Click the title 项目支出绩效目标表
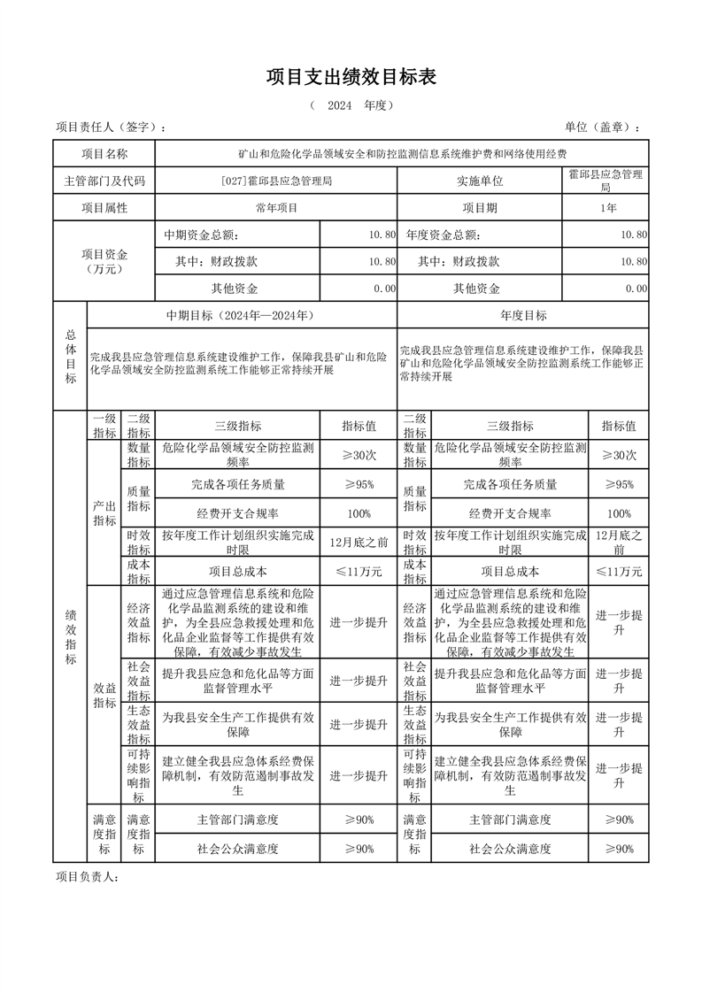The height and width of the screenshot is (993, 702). [x=351, y=78]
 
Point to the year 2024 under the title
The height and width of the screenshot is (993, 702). [x=339, y=106]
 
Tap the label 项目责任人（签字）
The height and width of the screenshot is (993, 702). [x=111, y=127]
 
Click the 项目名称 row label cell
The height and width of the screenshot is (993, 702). [x=104, y=154]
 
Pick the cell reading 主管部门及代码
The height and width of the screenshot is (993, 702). [x=104, y=181]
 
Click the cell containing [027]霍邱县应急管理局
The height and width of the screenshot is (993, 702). [x=276, y=181]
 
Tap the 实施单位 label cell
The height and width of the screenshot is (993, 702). [x=480, y=181]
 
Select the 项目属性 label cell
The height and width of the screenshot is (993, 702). [x=104, y=208]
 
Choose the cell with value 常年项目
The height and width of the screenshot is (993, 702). [x=276, y=208]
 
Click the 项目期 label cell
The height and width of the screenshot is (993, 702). [x=480, y=208]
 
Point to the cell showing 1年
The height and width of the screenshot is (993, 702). [x=607, y=208]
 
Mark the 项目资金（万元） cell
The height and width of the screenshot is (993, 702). [x=104, y=261]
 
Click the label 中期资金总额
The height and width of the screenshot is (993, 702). [x=201, y=235]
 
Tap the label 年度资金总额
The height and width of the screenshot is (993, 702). [x=443, y=235]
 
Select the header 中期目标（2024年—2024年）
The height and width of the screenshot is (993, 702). [x=242, y=315]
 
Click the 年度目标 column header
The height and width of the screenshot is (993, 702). [x=523, y=315]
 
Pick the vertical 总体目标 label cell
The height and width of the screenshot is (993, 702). [x=71, y=356]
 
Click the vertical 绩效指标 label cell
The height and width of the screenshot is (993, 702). [x=71, y=637]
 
